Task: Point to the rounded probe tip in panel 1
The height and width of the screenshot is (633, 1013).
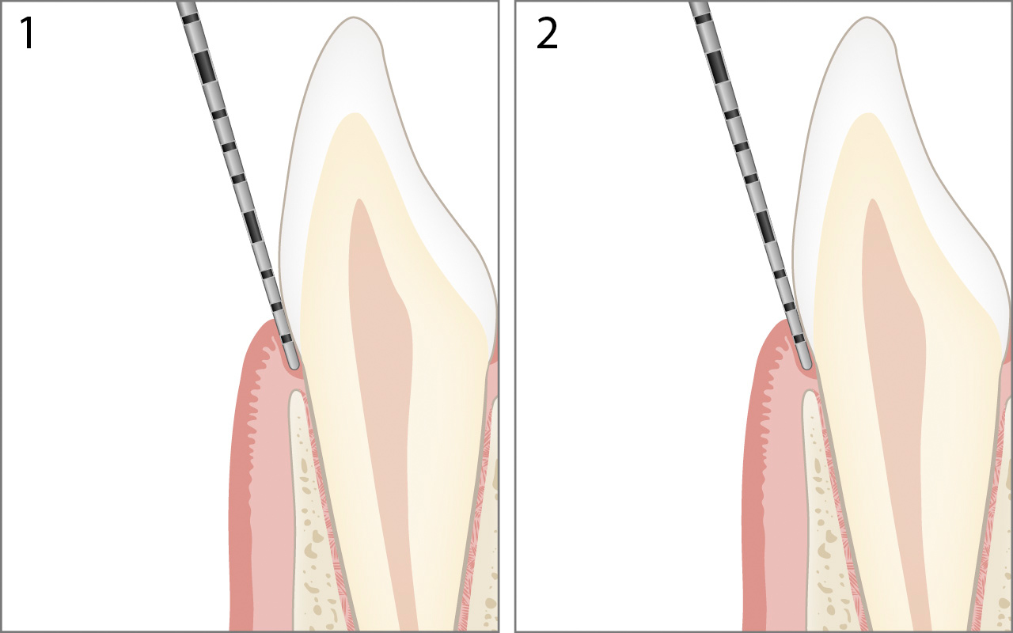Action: pyautogui.click(x=293, y=363)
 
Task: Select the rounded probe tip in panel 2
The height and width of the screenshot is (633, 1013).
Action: pyautogui.click(x=806, y=363)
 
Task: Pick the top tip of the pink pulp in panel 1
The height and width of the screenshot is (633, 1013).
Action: pyautogui.click(x=360, y=202)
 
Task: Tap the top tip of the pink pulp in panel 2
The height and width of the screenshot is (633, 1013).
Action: pyautogui.click(x=873, y=202)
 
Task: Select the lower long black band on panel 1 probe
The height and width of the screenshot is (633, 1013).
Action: pyautogui.click(x=252, y=226)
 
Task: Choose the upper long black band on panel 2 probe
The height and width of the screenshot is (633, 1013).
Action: pyautogui.click(x=718, y=66)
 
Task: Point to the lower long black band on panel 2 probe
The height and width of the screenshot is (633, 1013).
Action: pyautogui.click(x=765, y=226)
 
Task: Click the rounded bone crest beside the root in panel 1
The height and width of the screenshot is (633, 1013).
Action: pyautogui.click(x=297, y=396)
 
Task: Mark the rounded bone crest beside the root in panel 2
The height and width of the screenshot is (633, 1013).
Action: pyautogui.click(x=810, y=396)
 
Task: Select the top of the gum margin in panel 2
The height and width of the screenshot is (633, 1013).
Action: pyautogui.click(x=784, y=324)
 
